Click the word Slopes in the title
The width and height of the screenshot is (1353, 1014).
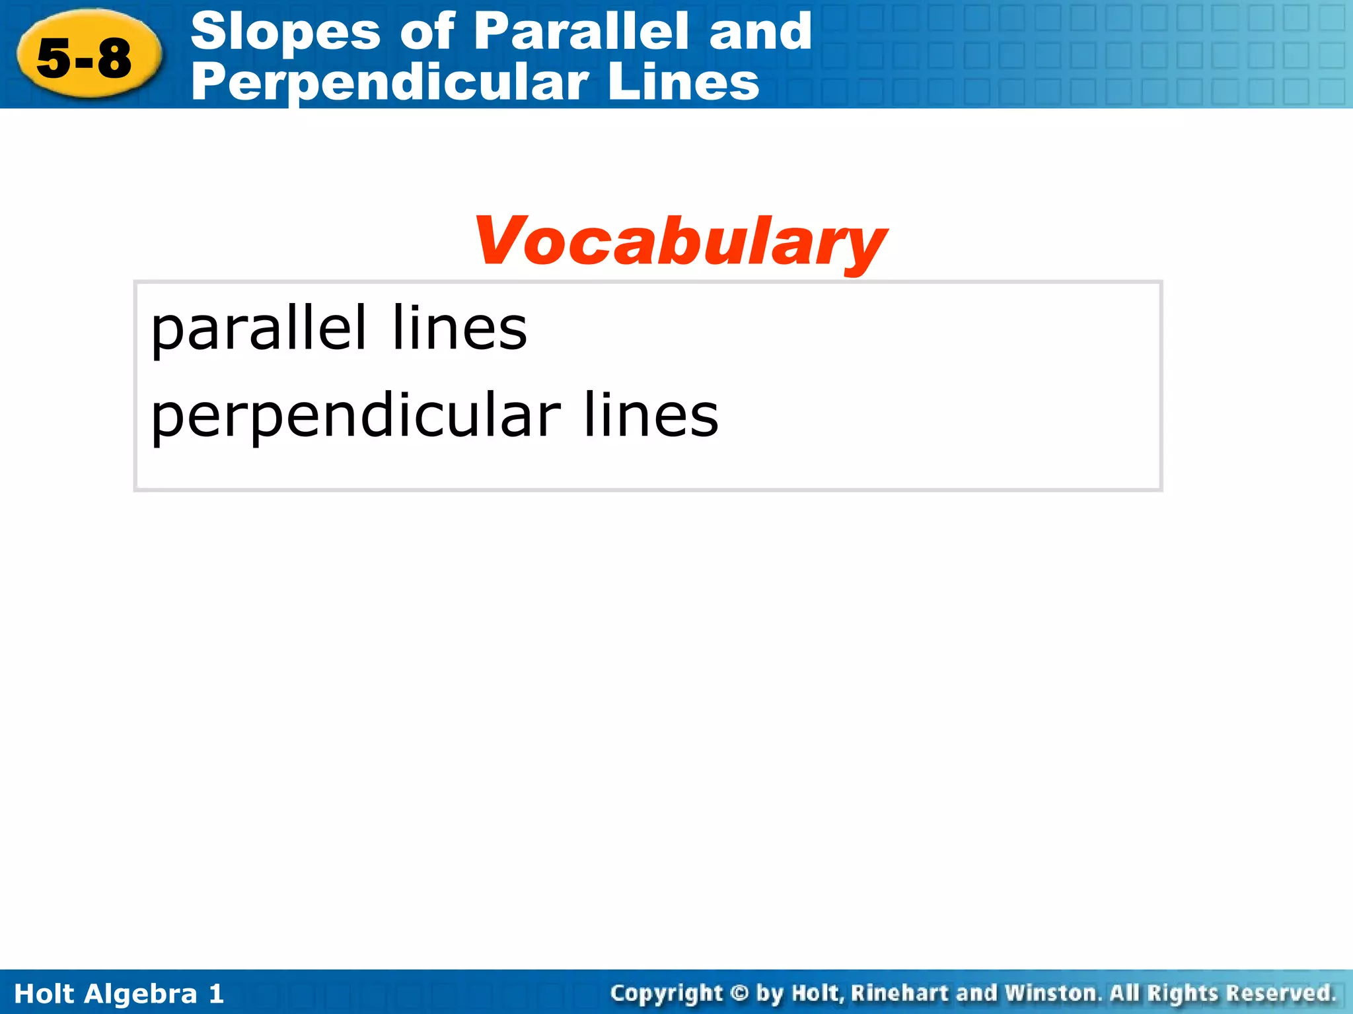click(285, 32)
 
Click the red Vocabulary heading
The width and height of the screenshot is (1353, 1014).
click(680, 242)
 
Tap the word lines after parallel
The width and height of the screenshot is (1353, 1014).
click(459, 328)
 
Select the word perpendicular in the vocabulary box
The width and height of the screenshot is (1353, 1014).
click(355, 417)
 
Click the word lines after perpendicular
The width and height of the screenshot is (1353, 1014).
click(651, 415)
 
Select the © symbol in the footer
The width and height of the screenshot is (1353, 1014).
click(740, 993)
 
